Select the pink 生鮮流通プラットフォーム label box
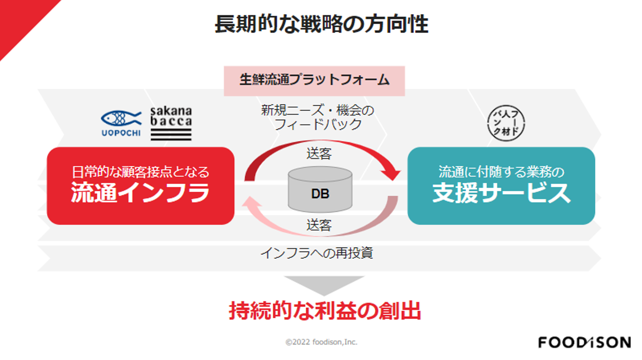314,81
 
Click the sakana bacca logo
171,123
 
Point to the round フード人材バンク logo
507,123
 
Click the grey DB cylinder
320,189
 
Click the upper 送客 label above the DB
319,154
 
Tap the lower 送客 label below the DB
319,224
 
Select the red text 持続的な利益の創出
325,311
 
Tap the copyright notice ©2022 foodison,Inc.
321,342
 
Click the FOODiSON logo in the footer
584,342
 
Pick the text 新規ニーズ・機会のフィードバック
317,117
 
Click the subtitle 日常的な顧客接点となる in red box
140,171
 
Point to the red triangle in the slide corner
18,18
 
